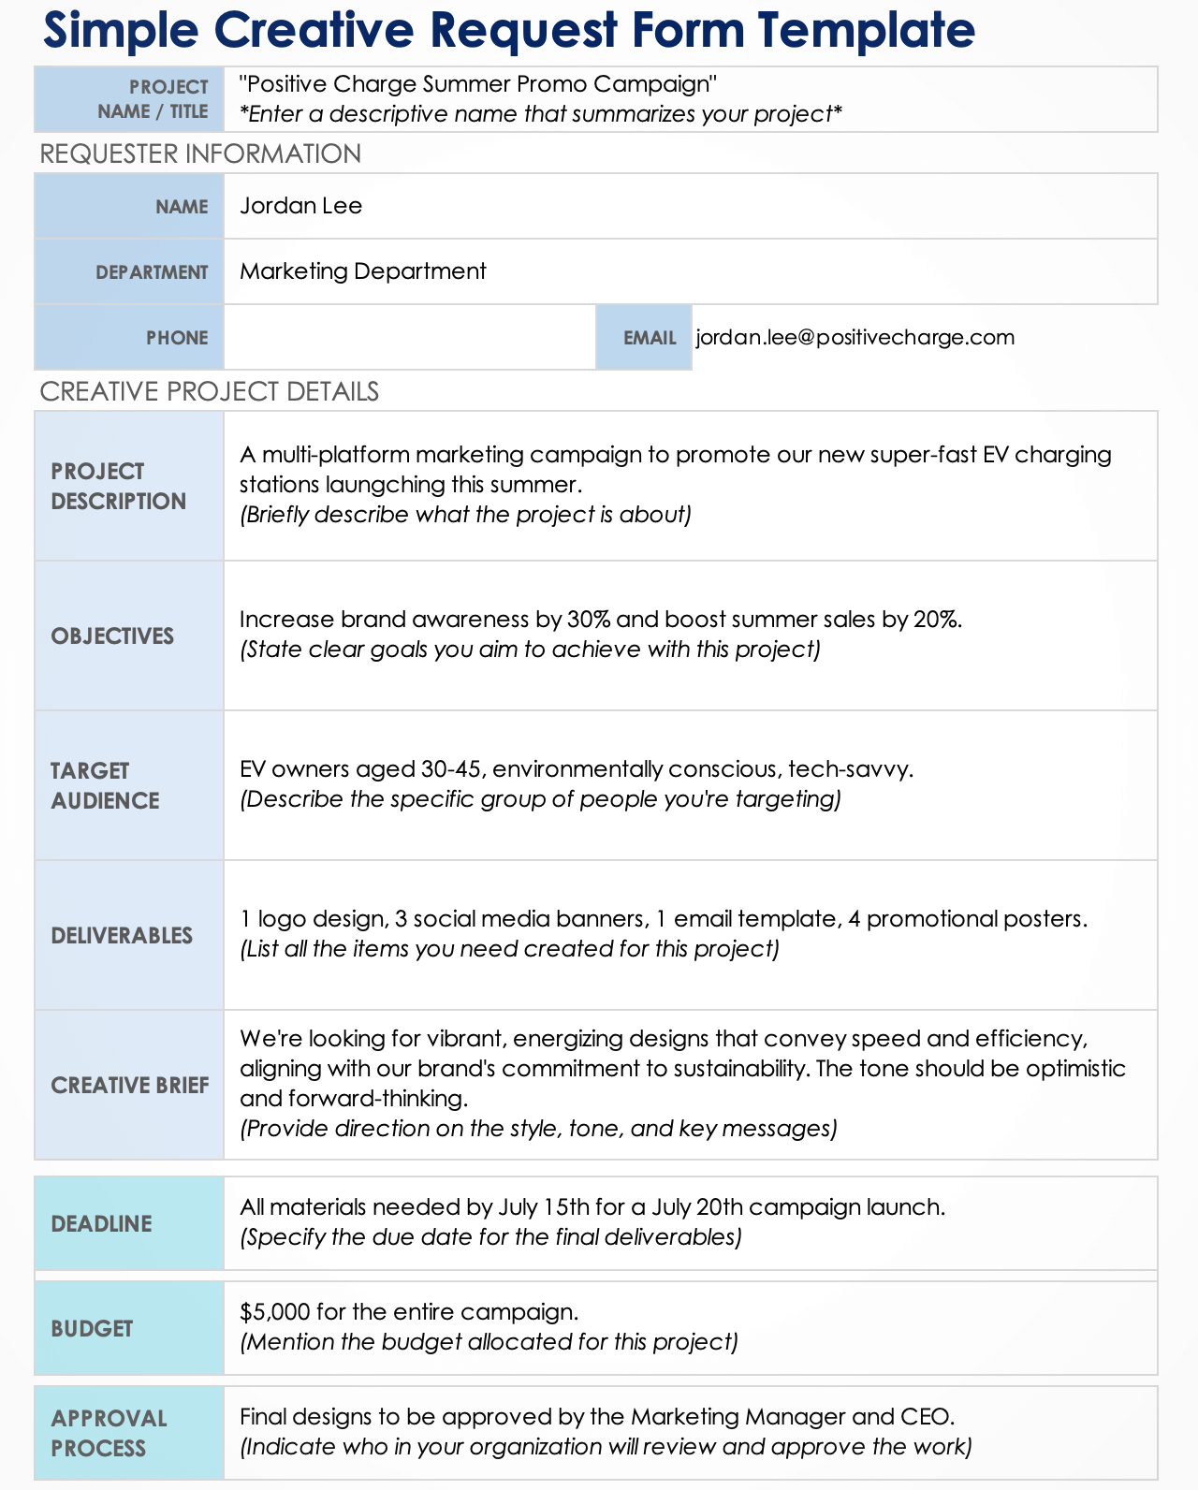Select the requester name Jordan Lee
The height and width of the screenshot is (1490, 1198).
(x=300, y=206)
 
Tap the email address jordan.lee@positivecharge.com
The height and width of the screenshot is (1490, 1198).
(x=855, y=337)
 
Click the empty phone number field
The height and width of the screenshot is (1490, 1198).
(x=409, y=337)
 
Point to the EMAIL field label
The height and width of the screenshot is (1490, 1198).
(x=650, y=338)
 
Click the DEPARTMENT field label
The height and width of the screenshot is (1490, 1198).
(x=152, y=272)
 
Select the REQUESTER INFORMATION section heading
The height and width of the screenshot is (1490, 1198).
(x=200, y=153)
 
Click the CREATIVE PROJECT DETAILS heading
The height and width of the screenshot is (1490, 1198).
(x=209, y=391)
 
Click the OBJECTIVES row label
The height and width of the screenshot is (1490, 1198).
(x=112, y=636)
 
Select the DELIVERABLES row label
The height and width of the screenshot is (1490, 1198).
(x=122, y=936)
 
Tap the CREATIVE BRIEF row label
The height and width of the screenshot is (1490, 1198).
(x=130, y=1086)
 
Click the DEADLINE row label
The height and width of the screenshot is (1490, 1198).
(x=101, y=1224)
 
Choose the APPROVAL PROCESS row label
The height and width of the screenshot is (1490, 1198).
(x=109, y=1433)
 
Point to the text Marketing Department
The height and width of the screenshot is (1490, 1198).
(x=363, y=271)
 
